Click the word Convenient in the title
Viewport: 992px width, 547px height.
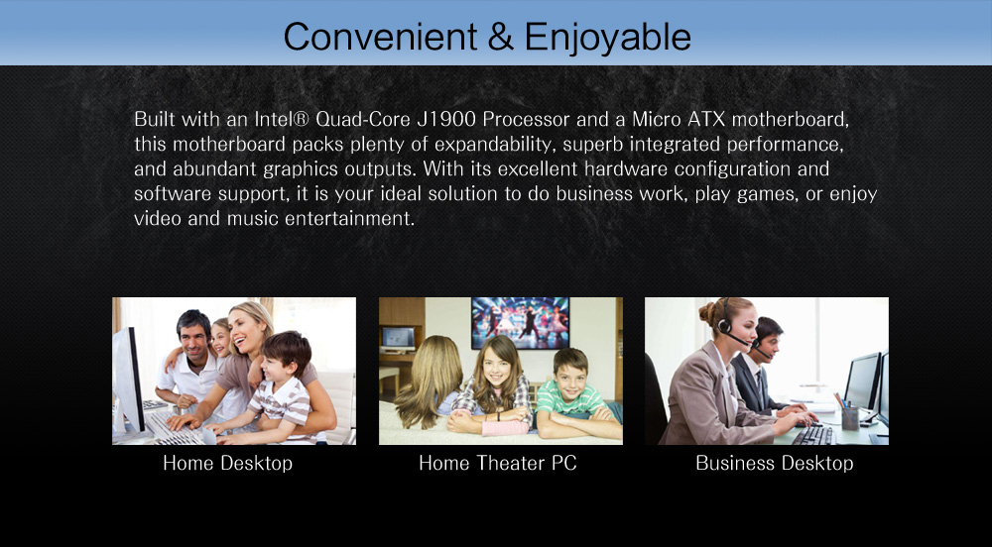pyautogui.click(x=380, y=37)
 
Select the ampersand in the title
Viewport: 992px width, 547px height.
pyautogui.click(x=500, y=38)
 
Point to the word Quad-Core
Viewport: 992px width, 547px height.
pyautogui.click(x=363, y=119)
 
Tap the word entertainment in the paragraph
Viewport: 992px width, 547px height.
pyautogui.click(x=349, y=219)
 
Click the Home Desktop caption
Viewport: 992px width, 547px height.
pyautogui.click(x=228, y=463)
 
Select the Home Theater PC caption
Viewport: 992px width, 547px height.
pyautogui.click(x=498, y=463)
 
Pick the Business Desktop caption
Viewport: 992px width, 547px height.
pyautogui.click(x=775, y=463)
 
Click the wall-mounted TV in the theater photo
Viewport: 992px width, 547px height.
pyautogui.click(x=520, y=323)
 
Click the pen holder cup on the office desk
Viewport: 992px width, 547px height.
pyautogui.click(x=850, y=417)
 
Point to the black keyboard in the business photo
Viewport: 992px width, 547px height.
pyautogui.click(x=813, y=435)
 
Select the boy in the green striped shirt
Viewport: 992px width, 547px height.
pyautogui.click(x=574, y=394)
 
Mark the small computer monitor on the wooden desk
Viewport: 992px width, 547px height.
pyautogui.click(x=398, y=339)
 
